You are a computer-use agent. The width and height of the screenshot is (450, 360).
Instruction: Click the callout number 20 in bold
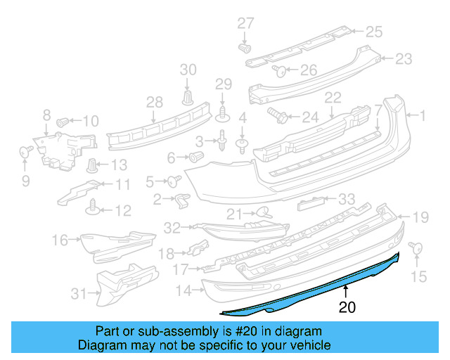coord(347,307)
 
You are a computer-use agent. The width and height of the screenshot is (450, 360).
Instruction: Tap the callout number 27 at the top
coord(245,23)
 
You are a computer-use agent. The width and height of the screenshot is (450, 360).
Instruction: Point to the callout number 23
coord(404,59)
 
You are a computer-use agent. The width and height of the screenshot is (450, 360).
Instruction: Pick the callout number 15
coord(418,277)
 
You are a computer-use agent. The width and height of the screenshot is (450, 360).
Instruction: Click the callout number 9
coord(26,182)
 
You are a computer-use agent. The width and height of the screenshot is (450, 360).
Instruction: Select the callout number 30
coord(188,69)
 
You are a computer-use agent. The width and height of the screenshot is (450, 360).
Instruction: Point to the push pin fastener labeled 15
coord(413,247)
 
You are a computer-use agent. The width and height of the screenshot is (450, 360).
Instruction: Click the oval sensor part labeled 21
coord(263,212)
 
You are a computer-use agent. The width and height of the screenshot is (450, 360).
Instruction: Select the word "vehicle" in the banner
coord(311,345)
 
